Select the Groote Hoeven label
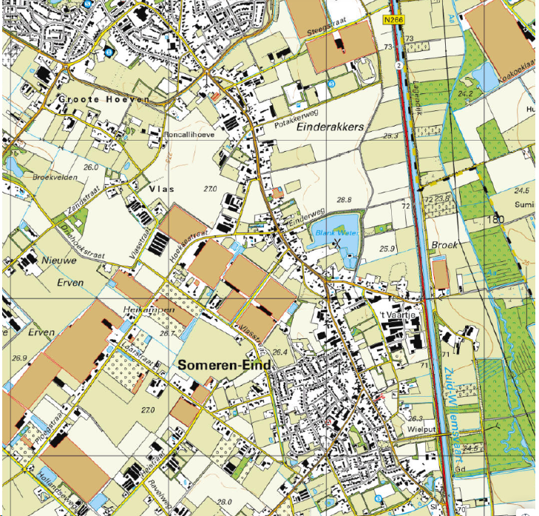[x=104, y=99]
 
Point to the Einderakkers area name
[x=330, y=127]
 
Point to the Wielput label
[x=418, y=428]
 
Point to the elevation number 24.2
[x=465, y=94]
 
